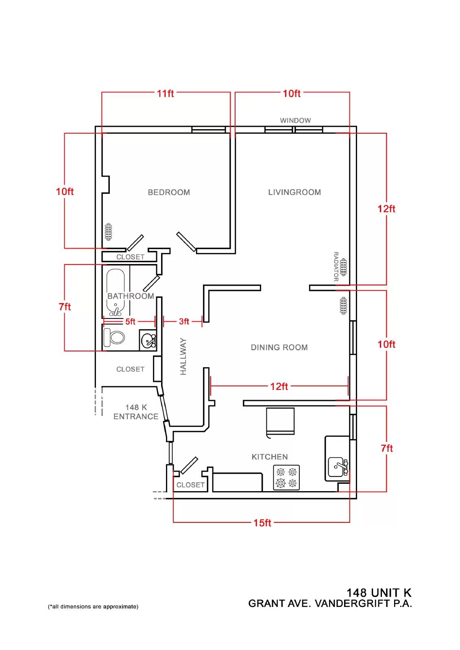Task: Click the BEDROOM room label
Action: click(x=168, y=192)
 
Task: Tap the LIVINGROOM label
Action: click(x=294, y=192)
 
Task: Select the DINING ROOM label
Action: click(x=279, y=347)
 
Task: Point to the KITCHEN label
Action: click(x=270, y=457)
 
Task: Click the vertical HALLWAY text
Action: click(x=183, y=356)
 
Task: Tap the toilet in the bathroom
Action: click(x=114, y=338)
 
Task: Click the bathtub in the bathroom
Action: click(x=116, y=292)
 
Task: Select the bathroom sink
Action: click(x=148, y=340)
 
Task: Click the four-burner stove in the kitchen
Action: click(x=286, y=478)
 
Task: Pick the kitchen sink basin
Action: click(x=336, y=467)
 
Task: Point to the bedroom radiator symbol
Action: click(x=109, y=232)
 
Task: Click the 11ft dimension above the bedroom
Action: click(x=166, y=93)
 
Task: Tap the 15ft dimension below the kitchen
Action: click(x=262, y=523)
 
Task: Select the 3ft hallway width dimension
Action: click(x=184, y=321)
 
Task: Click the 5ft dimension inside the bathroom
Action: click(x=130, y=321)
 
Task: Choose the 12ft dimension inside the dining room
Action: click(x=279, y=386)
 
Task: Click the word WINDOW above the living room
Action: click(x=295, y=120)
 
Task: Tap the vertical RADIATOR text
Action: click(x=336, y=266)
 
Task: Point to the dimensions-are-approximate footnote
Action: click(x=93, y=607)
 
